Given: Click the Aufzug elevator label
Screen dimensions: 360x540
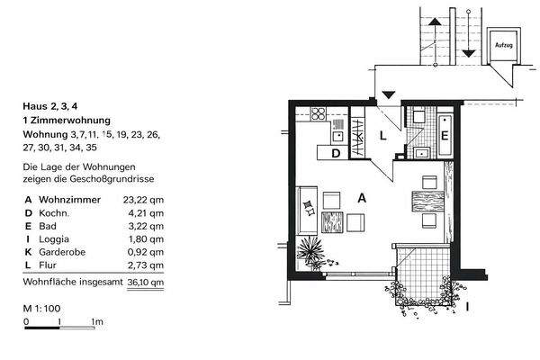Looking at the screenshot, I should (x=504, y=43).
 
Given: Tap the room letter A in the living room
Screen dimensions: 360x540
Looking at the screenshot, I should (x=362, y=198).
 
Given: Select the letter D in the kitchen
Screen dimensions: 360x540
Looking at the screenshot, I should (x=336, y=153).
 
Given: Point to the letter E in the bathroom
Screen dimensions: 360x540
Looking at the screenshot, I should (x=445, y=136).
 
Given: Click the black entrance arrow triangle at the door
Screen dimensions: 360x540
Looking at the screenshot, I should (x=388, y=94).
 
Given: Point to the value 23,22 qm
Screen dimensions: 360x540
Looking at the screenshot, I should (x=146, y=200).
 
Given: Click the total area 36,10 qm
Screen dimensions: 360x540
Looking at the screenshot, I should (x=146, y=282).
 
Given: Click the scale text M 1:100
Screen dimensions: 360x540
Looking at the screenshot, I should (x=43, y=309).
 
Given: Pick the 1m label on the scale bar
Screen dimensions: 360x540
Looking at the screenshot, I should (x=96, y=321).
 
